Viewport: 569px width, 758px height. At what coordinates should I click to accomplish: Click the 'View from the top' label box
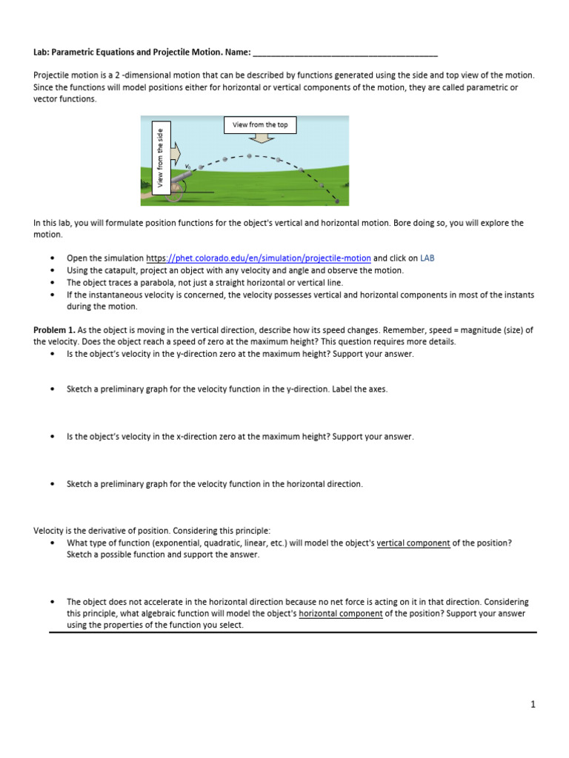pyautogui.click(x=260, y=125)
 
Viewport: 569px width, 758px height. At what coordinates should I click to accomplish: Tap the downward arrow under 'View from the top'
pyautogui.click(x=260, y=141)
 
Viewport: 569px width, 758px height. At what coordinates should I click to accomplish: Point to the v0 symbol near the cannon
pyautogui.click(x=187, y=166)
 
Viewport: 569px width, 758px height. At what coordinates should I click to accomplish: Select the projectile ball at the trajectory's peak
pyautogui.click(x=250, y=156)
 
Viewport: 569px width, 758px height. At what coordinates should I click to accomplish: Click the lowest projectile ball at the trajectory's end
pyautogui.click(x=337, y=201)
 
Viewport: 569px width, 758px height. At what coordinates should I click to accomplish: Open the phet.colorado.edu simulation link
pyautogui.click(x=259, y=258)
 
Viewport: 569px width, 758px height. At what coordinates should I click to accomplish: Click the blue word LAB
pyautogui.click(x=428, y=258)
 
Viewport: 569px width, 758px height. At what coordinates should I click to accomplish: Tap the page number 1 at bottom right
pyautogui.click(x=532, y=704)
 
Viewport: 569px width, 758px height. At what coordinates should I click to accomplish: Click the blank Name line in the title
pyautogui.click(x=345, y=54)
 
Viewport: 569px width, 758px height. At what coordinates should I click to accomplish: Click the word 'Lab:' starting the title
pyautogui.click(x=42, y=54)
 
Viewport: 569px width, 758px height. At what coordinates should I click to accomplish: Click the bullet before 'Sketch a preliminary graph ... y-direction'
pyautogui.click(x=52, y=389)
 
